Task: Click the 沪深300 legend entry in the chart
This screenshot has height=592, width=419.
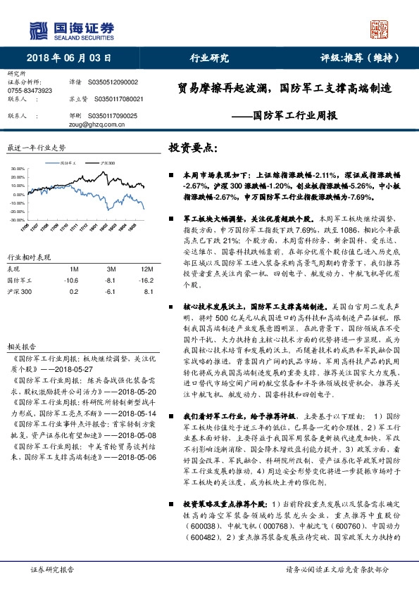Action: click(x=106, y=162)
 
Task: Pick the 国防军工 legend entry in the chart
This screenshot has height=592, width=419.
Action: click(x=70, y=162)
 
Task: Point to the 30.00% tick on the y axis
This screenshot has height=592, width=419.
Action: click(x=18, y=169)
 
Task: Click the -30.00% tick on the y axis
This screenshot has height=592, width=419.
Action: click(x=18, y=219)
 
